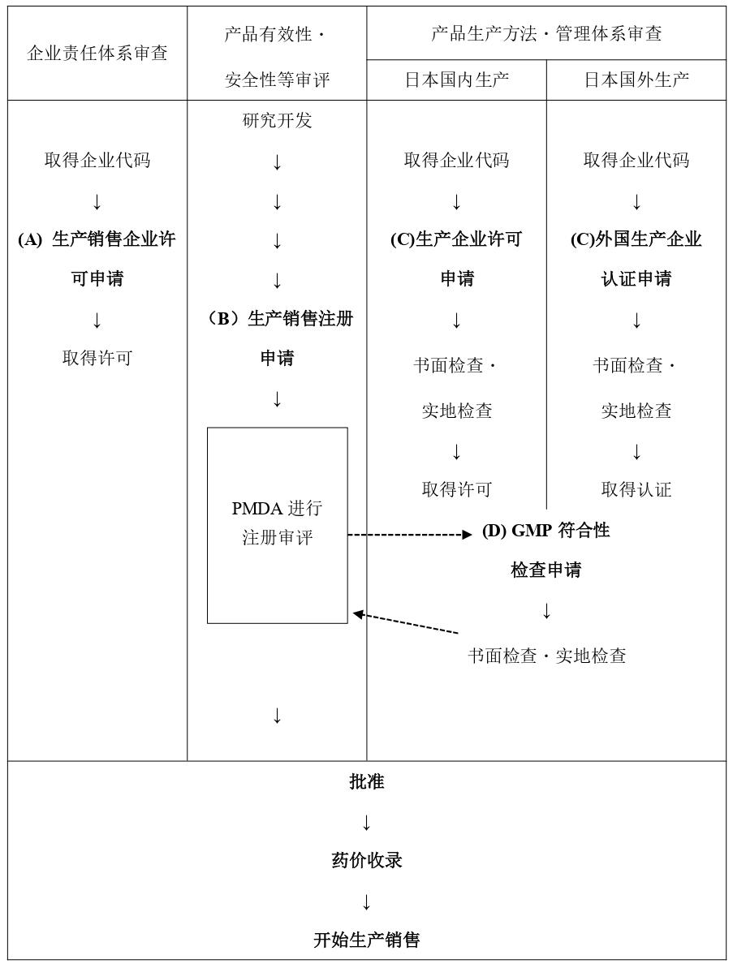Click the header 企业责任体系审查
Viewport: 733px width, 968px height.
point(97,53)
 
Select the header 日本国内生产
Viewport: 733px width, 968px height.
point(457,80)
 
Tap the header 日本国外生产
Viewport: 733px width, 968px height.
point(636,80)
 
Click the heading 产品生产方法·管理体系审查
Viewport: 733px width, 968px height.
point(546,33)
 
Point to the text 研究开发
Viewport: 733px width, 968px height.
point(278,120)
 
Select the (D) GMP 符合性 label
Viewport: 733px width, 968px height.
point(545,531)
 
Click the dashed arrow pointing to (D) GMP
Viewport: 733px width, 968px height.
point(410,535)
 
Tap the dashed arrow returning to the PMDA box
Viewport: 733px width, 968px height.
point(406,623)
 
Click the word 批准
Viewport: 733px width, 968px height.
point(367,781)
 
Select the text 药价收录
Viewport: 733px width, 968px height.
point(367,860)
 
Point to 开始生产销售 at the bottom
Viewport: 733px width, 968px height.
point(367,940)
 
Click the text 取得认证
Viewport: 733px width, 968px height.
point(636,489)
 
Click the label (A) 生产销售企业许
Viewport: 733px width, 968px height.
point(97,239)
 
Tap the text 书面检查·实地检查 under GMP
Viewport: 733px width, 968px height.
point(546,655)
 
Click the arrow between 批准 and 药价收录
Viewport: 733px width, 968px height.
point(367,822)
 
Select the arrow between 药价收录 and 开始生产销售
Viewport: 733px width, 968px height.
point(367,901)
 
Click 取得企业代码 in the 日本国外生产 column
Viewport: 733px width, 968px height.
point(636,160)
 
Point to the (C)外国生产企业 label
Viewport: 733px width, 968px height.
point(636,239)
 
